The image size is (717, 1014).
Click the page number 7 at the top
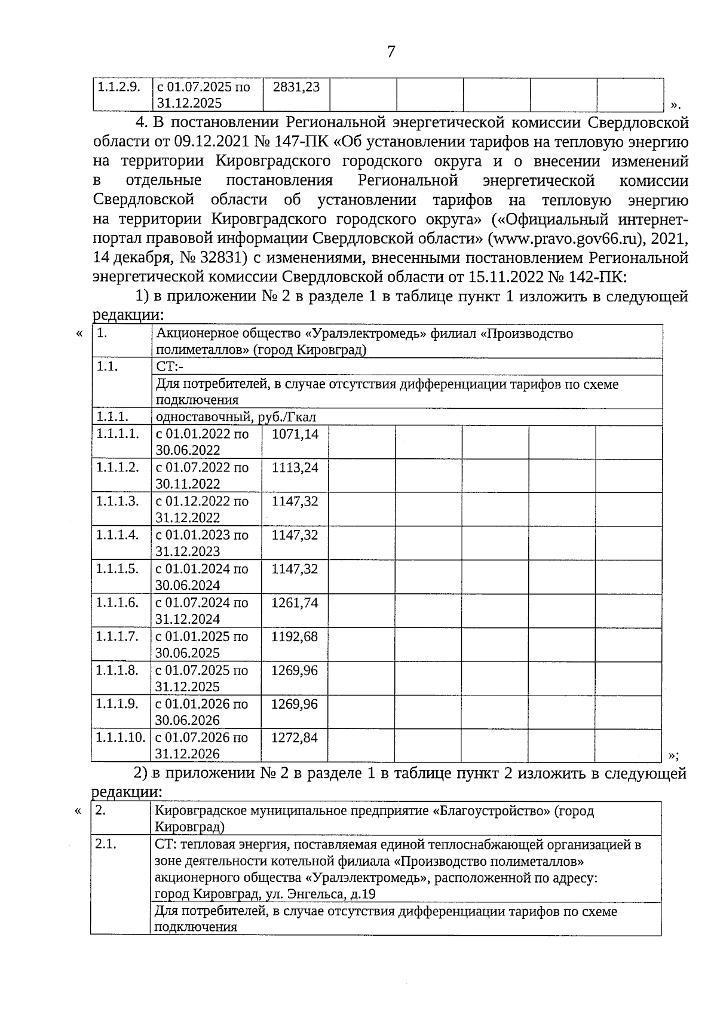click(x=391, y=52)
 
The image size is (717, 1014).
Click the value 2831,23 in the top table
click(x=296, y=87)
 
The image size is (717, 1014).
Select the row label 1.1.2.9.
click(x=119, y=87)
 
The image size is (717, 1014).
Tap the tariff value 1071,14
click(x=295, y=434)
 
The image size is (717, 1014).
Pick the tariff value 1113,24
click(x=295, y=468)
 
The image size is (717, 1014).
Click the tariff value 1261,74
click(x=295, y=603)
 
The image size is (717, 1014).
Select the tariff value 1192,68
click(x=295, y=636)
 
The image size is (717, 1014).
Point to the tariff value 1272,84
click(x=295, y=738)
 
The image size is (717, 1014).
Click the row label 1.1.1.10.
click(x=120, y=738)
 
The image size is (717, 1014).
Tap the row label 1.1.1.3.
click(x=117, y=501)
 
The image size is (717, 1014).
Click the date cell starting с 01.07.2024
click(x=201, y=611)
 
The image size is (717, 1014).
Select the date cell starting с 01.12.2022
click(x=201, y=509)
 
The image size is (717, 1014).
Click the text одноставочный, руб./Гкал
click(x=236, y=417)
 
